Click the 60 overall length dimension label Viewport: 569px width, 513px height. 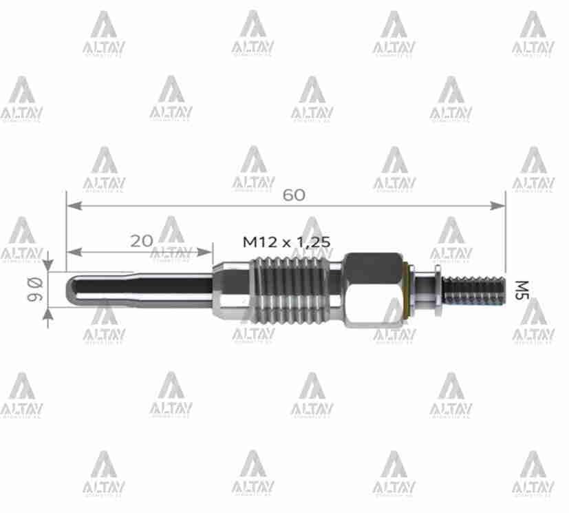point(294,195)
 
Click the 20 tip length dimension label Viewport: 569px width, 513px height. point(141,240)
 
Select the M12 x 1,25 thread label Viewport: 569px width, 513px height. point(287,241)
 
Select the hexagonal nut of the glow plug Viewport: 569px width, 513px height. point(372,289)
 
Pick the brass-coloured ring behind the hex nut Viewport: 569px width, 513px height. point(407,290)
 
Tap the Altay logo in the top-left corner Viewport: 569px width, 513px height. point(103,34)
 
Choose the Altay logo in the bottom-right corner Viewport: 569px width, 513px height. point(533,475)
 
